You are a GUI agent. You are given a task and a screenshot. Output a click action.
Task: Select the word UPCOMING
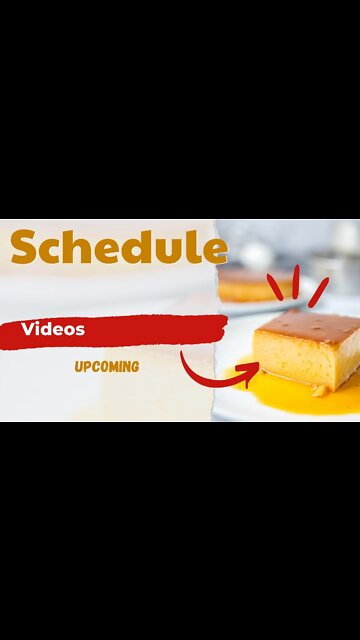click(106, 366)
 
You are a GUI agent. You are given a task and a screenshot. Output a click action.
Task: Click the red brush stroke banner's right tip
click(224, 322)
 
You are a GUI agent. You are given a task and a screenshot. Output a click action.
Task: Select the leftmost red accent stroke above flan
click(274, 282)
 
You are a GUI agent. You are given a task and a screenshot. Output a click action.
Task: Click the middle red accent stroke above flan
click(296, 278)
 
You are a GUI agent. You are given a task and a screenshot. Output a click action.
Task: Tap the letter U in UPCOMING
click(78, 366)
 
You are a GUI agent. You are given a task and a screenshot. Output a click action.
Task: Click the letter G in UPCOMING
click(134, 366)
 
